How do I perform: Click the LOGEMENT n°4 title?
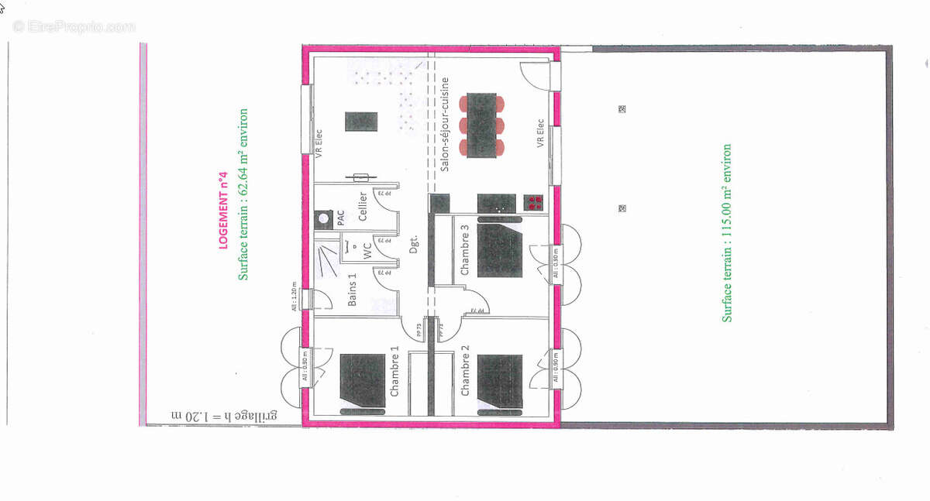pos(222,210)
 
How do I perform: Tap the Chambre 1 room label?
pos(394,372)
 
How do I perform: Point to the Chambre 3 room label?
pos(465,249)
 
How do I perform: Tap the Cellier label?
pos(363,208)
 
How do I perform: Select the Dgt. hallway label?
pos(415,245)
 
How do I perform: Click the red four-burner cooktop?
pos(534,203)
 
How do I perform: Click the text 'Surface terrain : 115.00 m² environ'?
pos(727,232)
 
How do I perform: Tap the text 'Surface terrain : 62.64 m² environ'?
pos(243,194)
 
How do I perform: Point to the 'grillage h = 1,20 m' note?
pos(224,416)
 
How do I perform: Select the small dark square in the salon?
pos(360,122)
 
